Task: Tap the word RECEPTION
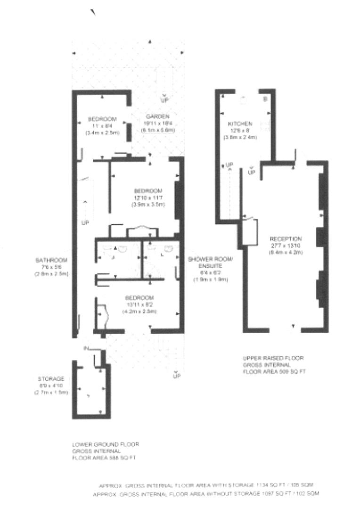286,239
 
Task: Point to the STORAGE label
51,378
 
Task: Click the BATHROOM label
51,260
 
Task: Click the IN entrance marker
86,348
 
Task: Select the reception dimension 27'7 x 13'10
286,246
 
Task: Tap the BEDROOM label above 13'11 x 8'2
139,297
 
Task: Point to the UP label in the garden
164,100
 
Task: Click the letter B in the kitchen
265,99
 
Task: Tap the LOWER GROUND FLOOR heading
106,444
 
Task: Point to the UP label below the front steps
177,376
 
